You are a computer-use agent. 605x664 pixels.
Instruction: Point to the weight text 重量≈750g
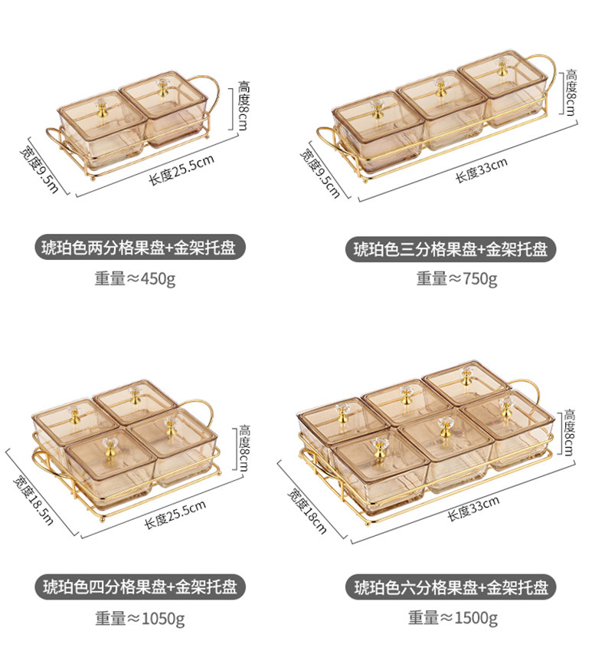click(x=456, y=278)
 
